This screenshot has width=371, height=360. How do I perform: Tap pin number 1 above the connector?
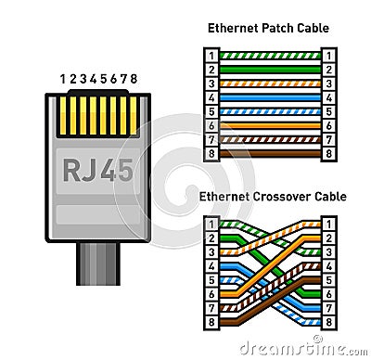(x=63, y=79)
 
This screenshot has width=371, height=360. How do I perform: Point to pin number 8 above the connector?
(x=134, y=79)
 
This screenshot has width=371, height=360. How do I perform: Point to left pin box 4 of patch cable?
(x=212, y=96)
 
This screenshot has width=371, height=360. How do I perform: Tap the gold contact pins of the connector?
(x=99, y=113)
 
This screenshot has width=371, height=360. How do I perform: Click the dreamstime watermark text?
(x=302, y=349)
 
